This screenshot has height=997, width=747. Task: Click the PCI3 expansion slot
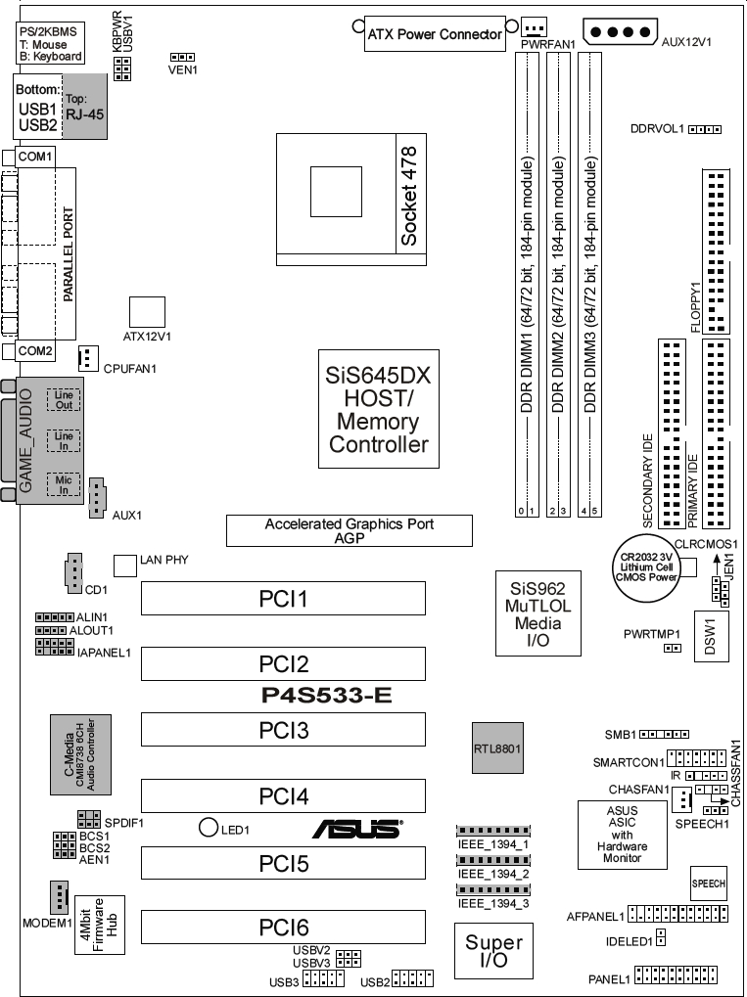283,729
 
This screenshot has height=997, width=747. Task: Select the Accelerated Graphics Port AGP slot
350,531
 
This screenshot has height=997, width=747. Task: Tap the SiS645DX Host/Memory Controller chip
379,409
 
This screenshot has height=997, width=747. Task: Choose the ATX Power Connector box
436,33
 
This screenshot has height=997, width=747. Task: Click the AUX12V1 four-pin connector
620,31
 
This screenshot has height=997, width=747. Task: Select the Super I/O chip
493,951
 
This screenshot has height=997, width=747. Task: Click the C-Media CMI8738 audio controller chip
81,754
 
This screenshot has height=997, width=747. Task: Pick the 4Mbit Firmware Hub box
100,925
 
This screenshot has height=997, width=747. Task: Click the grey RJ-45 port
84,107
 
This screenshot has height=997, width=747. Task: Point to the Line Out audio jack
64,400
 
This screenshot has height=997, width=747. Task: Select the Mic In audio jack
64,484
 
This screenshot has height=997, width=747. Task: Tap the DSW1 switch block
711,637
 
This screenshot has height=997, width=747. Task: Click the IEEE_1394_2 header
493,860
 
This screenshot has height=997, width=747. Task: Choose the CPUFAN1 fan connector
88,359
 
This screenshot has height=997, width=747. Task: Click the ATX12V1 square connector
147,312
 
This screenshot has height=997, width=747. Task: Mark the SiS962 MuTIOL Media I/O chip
538,612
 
